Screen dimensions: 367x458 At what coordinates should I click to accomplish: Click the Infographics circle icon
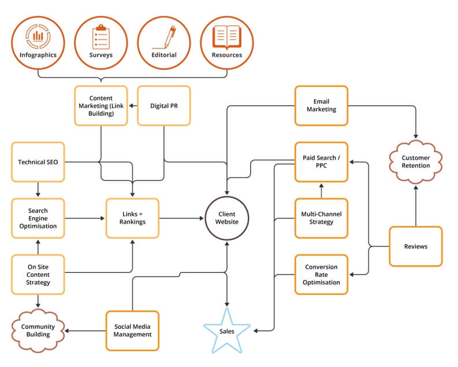click(x=38, y=36)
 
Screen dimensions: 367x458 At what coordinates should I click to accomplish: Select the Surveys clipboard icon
click(x=101, y=36)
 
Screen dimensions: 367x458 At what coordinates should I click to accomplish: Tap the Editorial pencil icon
click(x=164, y=36)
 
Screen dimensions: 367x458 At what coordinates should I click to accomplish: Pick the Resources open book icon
click(x=227, y=36)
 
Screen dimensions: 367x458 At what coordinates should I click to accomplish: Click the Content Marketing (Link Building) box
click(x=101, y=106)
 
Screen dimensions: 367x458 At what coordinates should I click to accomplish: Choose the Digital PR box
click(x=164, y=106)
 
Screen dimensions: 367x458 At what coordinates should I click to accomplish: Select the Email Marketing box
click(x=321, y=106)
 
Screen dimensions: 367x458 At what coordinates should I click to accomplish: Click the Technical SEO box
click(x=38, y=162)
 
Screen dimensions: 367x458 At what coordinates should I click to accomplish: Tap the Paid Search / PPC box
click(x=321, y=162)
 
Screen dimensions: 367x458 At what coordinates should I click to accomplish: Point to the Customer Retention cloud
click(x=416, y=161)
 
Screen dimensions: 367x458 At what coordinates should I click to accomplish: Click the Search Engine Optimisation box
click(x=38, y=218)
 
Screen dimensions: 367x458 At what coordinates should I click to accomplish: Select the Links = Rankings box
click(x=132, y=218)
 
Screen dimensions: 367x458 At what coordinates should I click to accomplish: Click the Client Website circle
click(x=227, y=218)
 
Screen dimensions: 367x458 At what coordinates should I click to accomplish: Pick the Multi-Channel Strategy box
click(x=321, y=218)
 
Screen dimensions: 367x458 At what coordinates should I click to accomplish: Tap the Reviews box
click(x=416, y=246)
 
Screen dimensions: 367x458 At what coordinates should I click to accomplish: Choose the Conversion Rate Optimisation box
click(x=321, y=275)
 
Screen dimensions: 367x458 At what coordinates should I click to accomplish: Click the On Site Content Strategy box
click(x=38, y=275)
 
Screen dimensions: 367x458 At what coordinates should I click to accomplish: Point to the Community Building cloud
click(x=38, y=331)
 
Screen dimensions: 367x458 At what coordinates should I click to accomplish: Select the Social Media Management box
click(x=132, y=331)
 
